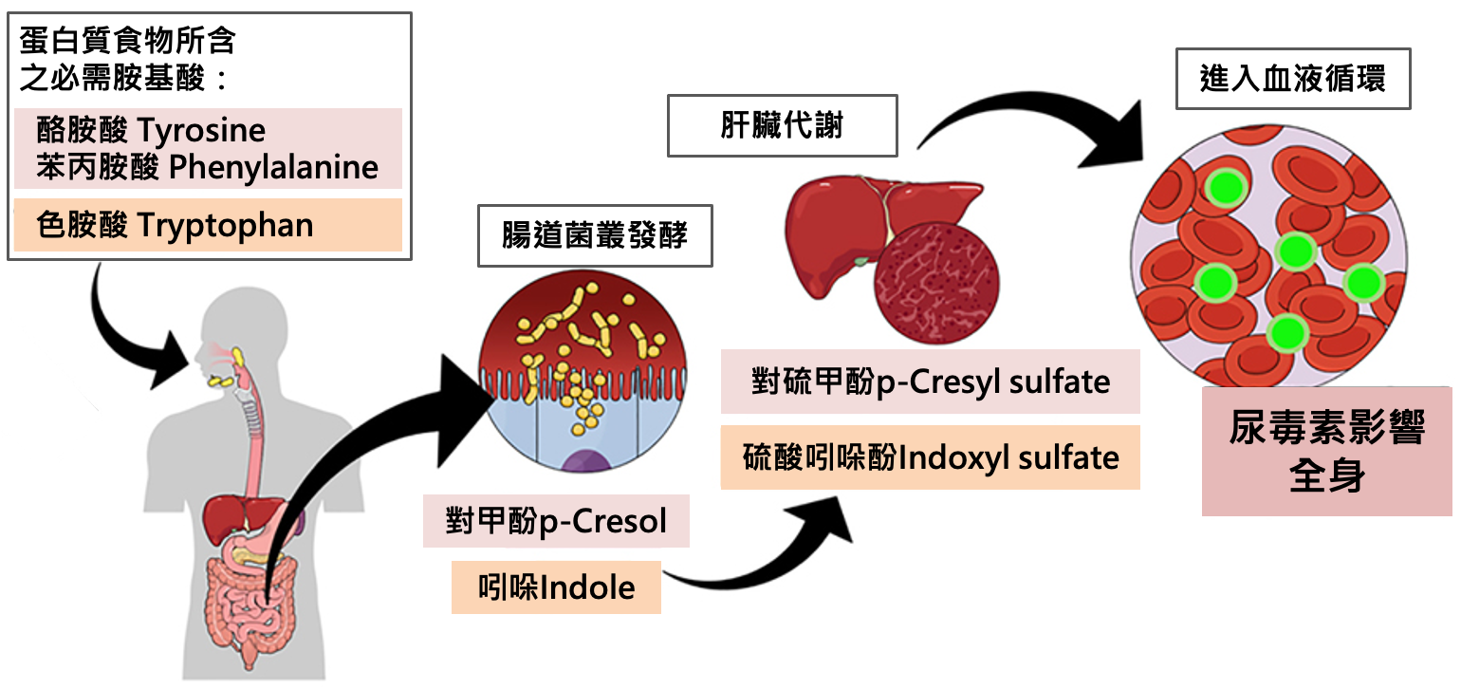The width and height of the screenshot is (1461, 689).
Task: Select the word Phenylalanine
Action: point(273,168)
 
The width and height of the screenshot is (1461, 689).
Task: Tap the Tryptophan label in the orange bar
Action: point(225,225)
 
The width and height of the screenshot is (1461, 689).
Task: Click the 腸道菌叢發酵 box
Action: point(595,233)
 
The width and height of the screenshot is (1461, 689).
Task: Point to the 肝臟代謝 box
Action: point(782,125)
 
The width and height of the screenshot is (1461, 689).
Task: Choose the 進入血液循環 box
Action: point(1292,79)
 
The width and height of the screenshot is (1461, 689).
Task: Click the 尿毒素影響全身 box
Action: point(1326,452)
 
